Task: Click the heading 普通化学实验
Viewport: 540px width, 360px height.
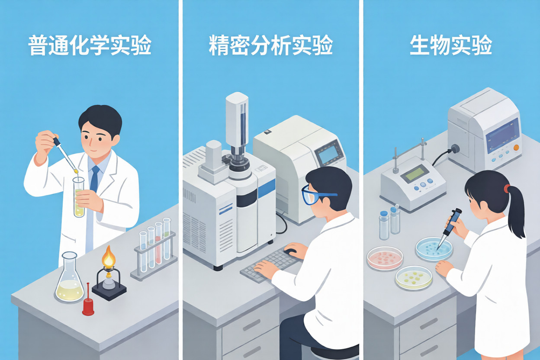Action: [90, 45]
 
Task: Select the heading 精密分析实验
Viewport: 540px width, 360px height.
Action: [271, 45]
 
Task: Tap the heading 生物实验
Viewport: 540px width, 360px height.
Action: [451, 45]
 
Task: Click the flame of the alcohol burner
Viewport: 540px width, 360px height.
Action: [108, 256]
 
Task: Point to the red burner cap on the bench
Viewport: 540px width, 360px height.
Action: [88, 302]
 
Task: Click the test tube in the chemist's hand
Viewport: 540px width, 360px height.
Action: [79, 197]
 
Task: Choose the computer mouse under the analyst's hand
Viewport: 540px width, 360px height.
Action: [290, 251]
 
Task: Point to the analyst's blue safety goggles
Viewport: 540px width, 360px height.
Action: [316, 195]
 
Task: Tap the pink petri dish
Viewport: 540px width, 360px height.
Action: [385, 258]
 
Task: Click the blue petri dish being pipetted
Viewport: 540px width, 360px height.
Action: [434, 249]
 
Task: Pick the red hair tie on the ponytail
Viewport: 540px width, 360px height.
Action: [507, 188]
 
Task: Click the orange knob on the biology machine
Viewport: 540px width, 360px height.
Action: [516, 148]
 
